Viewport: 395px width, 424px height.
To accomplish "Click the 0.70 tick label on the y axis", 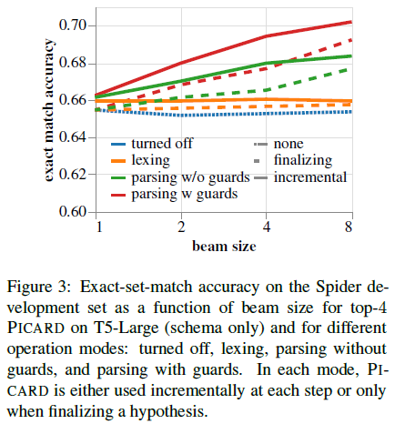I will click(x=77, y=25).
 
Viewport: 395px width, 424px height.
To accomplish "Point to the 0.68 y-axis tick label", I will click(x=77, y=63).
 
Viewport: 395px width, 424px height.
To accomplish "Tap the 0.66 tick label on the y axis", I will click(x=77, y=100).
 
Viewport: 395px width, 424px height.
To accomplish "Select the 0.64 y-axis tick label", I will click(x=77, y=137).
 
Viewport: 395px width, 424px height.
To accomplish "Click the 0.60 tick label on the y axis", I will click(x=77, y=212).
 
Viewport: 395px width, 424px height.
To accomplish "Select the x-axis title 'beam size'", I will click(x=224, y=246).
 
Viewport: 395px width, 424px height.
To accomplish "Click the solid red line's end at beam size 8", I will click(x=350, y=22).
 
